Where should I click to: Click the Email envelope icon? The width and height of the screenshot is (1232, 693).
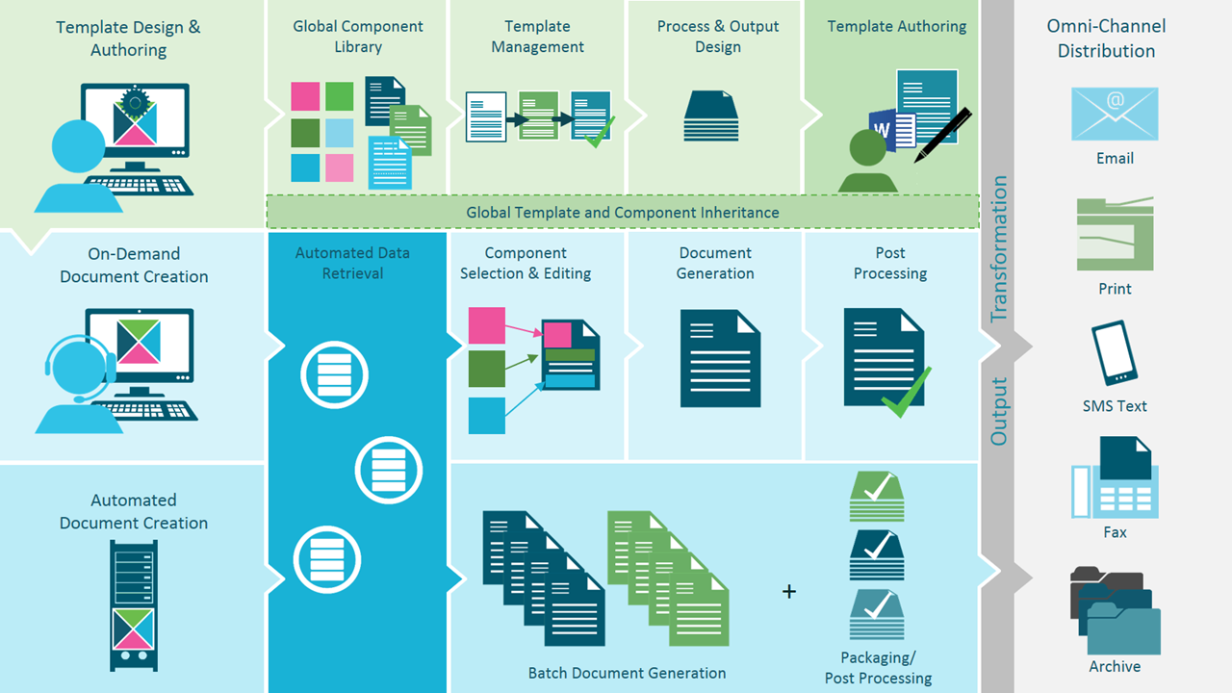1115,115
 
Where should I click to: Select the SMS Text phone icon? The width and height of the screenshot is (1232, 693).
1115,353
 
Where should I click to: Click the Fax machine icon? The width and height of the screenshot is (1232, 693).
1115,477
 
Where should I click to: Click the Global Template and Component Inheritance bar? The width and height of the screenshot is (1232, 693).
623,212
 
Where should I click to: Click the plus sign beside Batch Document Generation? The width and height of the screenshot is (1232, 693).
789,591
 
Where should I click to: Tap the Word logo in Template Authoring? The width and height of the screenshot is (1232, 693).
882,129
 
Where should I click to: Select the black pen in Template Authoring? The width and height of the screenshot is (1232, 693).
943,135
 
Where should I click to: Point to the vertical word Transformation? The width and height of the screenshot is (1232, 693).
999,248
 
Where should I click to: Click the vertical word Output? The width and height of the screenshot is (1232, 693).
999,412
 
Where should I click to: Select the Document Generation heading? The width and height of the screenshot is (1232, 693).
715,263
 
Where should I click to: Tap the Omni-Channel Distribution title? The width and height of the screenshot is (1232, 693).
1106,38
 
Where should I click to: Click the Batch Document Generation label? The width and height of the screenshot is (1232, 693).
627,673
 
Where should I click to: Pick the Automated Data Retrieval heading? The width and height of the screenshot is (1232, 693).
352,263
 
